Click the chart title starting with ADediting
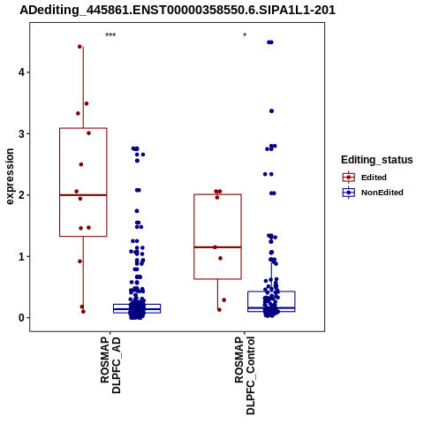coord(178,11)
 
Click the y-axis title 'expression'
coord(10,177)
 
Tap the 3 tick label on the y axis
coord(21,133)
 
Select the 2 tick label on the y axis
coord(21,195)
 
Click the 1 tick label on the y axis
coord(21,256)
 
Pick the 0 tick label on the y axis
coord(21,318)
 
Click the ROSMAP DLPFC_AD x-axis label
coord(110,365)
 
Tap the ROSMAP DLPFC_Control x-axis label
coord(245,375)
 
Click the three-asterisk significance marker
coord(110,35)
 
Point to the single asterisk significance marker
coord(245,35)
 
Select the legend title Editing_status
coord(377,160)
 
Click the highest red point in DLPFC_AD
coord(79,47)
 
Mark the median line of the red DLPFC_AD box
coord(83,195)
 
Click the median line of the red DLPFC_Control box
coord(217,247)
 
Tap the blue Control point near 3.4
coord(271,111)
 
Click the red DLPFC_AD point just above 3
coord(88,133)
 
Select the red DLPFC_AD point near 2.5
coord(81,164)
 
